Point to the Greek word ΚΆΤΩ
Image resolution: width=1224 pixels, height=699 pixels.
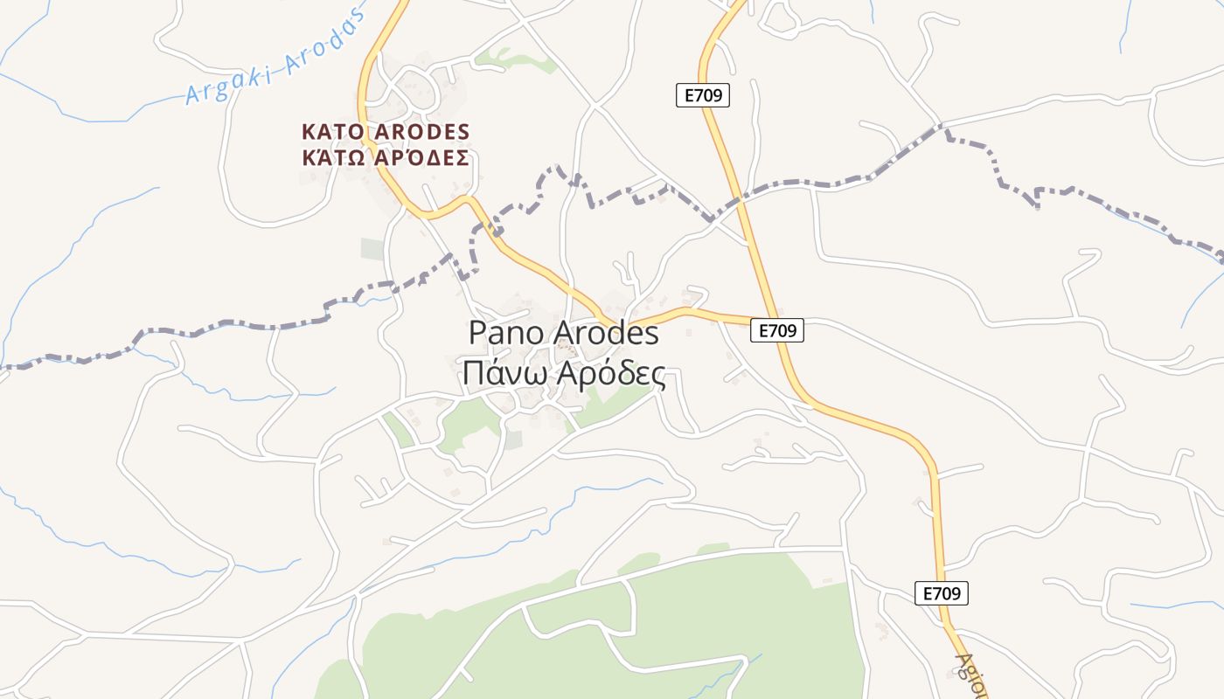330,158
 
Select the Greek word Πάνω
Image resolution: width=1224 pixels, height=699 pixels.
495,374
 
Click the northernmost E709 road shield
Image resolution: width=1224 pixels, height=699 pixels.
702,95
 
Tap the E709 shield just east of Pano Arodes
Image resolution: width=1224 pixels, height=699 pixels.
776,330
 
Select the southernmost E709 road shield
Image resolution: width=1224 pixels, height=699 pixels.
942,593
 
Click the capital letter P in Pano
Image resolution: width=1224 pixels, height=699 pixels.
477,333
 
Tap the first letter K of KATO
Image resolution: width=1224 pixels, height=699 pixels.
308,132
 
